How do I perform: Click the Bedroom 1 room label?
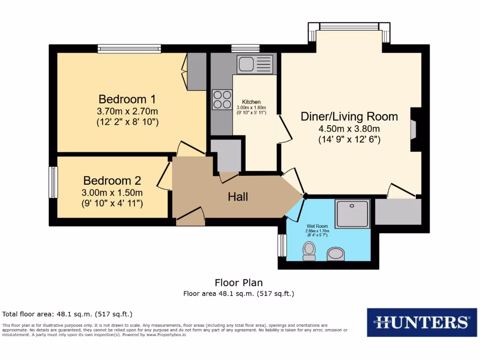click(x=127, y=99)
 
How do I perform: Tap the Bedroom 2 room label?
click(x=112, y=180)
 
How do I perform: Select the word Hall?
click(x=238, y=197)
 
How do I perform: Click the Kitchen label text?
click(x=251, y=102)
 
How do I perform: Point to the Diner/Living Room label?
click(x=349, y=117)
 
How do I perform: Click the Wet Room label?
click(x=317, y=226)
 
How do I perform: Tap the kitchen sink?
click(x=255, y=64)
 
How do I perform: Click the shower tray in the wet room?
click(x=353, y=214)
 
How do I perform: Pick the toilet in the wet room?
click(x=309, y=251)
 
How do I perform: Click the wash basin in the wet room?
click(x=336, y=254)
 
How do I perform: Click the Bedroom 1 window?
click(x=129, y=48)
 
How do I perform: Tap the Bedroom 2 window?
click(x=53, y=182)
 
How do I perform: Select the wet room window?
click(x=282, y=245)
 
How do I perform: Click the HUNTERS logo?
click(x=421, y=322)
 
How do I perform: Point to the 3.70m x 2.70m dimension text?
click(x=127, y=112)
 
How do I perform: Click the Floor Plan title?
click(x=239, y=283)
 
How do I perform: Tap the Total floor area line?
click(x=67, y=314)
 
